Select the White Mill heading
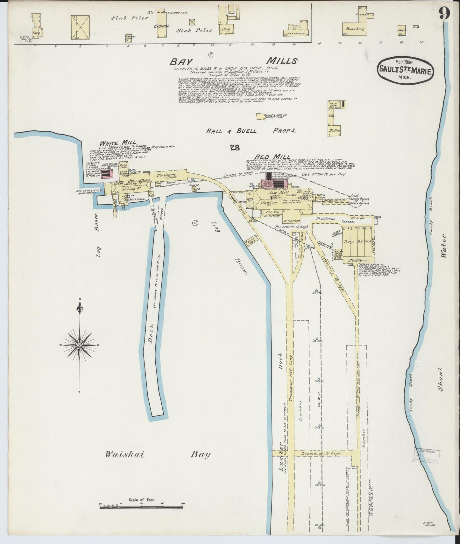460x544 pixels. [x=117, y=143]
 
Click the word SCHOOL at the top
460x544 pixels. [x=162, y=26]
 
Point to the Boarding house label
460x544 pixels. [x=355, y=29]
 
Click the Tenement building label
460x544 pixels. [x=296, y=33]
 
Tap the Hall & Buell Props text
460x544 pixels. [x=251, y=130]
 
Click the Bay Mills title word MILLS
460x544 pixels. [x=282, y=60]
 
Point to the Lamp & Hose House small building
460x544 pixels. [x=260, y=116]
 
